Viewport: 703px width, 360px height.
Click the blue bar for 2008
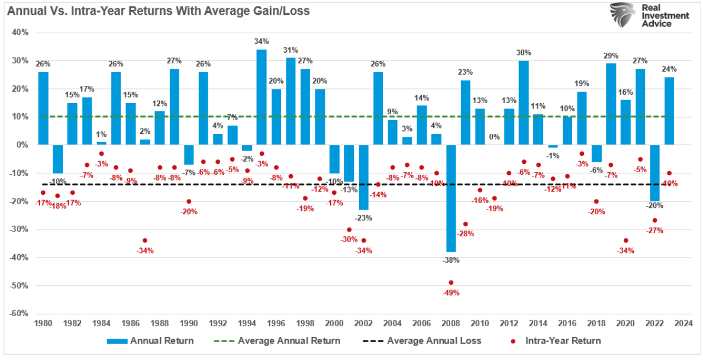coord(451,198)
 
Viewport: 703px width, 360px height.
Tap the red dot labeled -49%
coord(451,282)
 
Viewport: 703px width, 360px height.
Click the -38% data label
coord(451,260)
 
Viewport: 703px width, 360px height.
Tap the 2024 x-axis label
coord(683,323)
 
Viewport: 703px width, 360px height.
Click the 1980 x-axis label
coord(43,323)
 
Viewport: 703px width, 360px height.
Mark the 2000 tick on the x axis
coord(334,323)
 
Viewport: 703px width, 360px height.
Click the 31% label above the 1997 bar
coord(291,50)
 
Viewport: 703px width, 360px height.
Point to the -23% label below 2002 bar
coord(363,217)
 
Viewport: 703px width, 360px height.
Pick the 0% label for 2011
coord(495,137)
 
